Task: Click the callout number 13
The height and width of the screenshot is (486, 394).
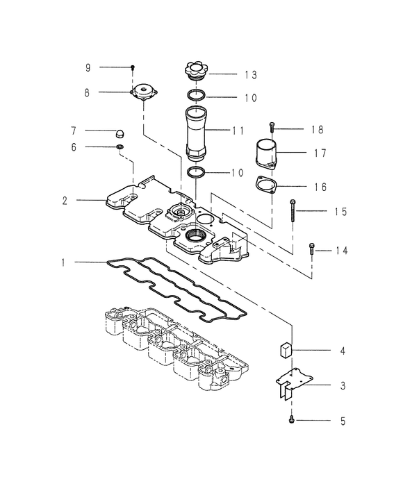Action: coord(249,74)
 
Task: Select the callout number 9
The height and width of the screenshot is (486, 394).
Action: coord(88,67)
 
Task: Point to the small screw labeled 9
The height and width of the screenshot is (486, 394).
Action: coord(132,68)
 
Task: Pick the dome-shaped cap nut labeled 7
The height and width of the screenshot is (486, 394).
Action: coord(120,132)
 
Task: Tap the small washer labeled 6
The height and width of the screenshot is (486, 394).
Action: coord(120,147)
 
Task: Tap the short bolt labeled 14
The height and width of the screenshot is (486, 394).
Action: coord(312,249)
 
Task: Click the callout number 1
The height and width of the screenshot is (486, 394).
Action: coord(63,262)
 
